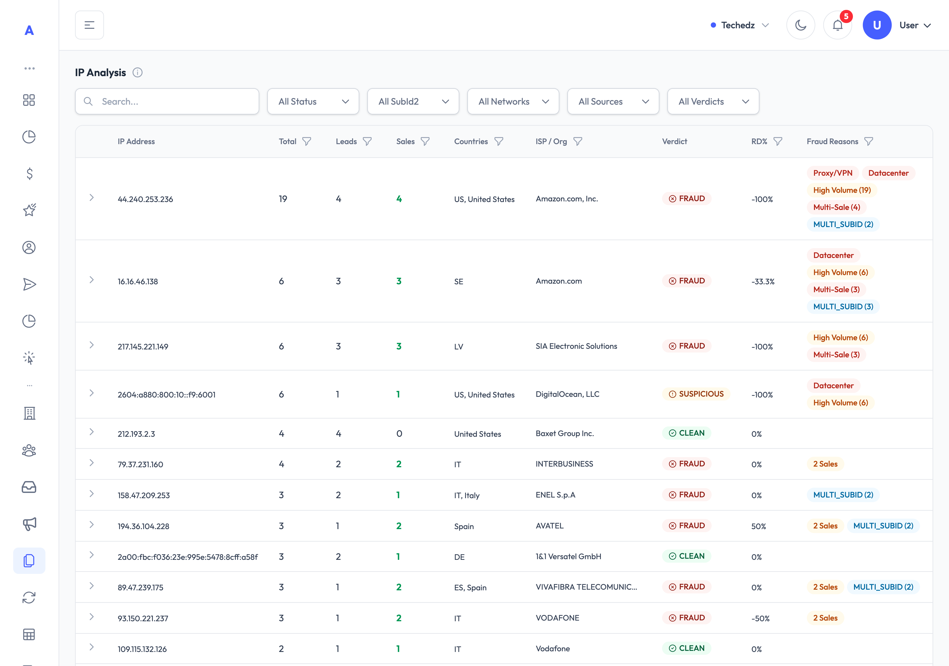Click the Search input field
tap(167, 101)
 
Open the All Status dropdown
tap(313, 101)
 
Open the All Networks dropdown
tap(513, 101)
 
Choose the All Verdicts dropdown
tap(713, 101)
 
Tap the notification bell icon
tap(837, 25)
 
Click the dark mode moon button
tap(801, 25)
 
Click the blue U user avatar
tap(877, 25)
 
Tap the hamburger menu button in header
tap(89, 25)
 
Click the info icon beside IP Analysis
tap(137, 73)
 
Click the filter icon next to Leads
tap(367, 141)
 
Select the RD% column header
tap(759, 141)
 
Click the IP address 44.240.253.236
tap(145, 199)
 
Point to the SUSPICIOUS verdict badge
tap(697, 394)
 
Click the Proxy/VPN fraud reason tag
tap(833, 173)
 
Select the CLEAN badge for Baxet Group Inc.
tap(687, 433)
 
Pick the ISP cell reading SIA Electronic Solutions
tap(576, 346)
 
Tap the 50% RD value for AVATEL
tap(758, 526)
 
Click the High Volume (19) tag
tap(842, 190)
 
